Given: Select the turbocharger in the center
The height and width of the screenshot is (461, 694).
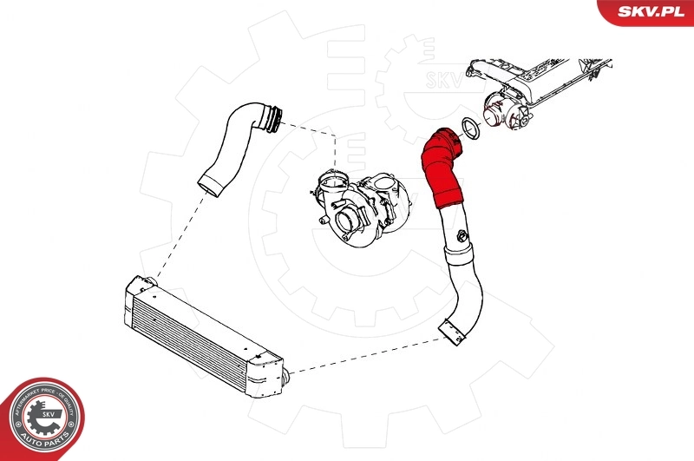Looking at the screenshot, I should click(x=364, y=204).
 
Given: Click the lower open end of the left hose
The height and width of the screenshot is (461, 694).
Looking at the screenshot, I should click(x=209, y=184).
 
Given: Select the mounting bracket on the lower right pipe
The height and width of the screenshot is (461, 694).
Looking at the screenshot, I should click(x=452, y=333).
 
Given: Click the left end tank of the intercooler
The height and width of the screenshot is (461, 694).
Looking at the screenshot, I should click(x=138, y=287).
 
